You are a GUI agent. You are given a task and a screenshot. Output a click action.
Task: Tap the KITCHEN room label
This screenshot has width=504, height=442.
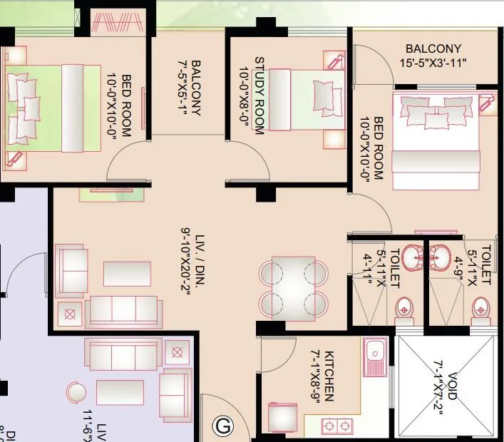(323, 376)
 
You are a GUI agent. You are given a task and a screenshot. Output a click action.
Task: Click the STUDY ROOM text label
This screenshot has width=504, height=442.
(253, 95)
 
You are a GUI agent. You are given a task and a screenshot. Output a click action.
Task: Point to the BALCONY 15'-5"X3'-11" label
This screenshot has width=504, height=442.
(433, 56)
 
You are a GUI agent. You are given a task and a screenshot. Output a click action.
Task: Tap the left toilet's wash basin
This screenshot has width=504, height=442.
(411, 255)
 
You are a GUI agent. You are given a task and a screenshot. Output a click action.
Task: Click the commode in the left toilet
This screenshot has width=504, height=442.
(404, 308)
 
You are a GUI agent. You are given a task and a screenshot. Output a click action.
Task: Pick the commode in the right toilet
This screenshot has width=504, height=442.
(480, 308)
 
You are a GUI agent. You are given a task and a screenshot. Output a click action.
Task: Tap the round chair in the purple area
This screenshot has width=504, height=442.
(76, 394)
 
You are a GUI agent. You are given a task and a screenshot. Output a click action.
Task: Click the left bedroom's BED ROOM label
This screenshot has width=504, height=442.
(120, 106)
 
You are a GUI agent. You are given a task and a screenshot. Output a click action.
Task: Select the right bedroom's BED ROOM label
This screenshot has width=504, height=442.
(372, 149)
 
